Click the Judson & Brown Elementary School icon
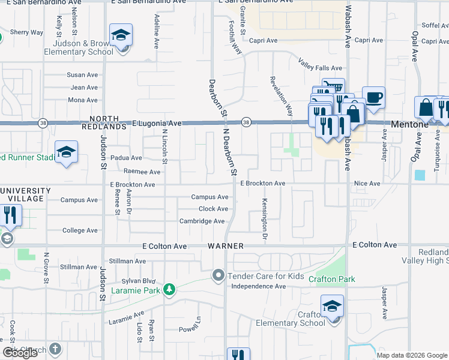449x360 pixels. (121, 35)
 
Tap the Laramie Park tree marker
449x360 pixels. (170, 290)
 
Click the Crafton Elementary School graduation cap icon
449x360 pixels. (332, 307)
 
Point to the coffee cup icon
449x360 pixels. (373, 97)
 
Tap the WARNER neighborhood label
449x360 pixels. (226, 246)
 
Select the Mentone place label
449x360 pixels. (408, 124)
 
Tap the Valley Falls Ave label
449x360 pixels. (321, 68)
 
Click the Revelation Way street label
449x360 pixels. (280, 97)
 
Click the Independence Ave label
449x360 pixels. (258, 286)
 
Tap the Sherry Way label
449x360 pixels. (26, 32)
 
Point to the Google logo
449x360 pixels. (20, 352)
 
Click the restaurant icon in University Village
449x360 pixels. (11, 215)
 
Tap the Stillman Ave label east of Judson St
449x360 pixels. (127, 261)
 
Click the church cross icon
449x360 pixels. (54, 349)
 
